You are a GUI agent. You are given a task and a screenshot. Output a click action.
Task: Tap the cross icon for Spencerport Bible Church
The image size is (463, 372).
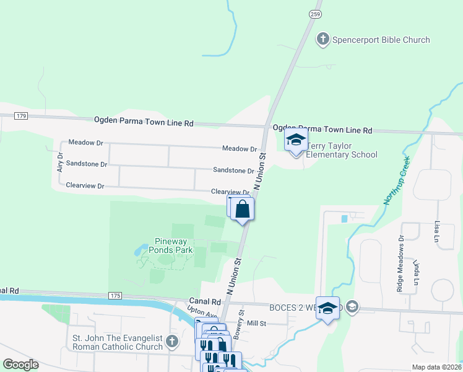[322, 40]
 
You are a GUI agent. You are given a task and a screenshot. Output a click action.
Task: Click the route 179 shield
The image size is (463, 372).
[22, 116]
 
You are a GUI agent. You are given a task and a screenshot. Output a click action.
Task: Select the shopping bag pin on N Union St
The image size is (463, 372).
[243, 210]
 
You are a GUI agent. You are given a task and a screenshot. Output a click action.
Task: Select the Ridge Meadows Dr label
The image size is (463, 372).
[400, 263]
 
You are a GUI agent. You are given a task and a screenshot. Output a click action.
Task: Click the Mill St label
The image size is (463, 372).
[256, 323]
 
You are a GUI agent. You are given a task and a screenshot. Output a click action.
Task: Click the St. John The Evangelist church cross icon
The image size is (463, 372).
[172, 342]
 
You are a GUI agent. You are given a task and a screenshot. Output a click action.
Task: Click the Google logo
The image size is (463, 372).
[21, 365]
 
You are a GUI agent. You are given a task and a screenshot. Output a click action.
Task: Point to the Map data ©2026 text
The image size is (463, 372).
[436, 367]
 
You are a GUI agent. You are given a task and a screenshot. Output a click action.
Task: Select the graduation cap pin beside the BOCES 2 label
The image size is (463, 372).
[327, 308]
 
